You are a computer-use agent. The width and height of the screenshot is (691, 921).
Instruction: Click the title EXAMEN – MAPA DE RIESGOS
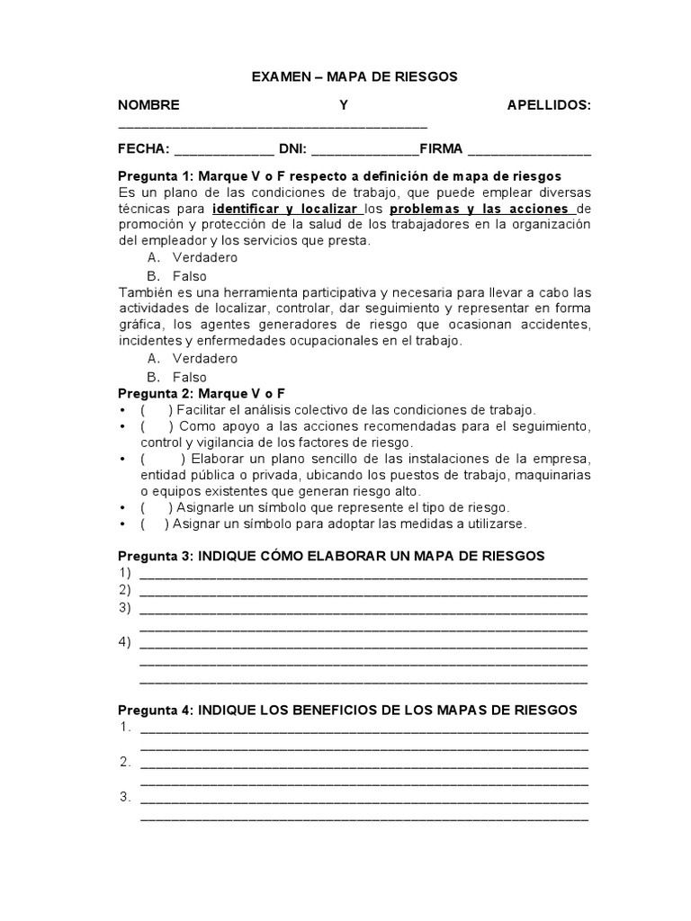pyautogui.click(x=354, y=77)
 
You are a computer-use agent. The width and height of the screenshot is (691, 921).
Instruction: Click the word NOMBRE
pyautogui.click(x=148, y=105)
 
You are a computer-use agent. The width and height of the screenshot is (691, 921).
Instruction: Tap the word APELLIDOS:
pyautogui.click(x=549, y=105)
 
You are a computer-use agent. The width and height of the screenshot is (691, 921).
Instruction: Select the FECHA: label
pyautogui.click(x=144, y=148)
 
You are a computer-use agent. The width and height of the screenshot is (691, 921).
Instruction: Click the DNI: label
pyautogui.click(x=293, y=148)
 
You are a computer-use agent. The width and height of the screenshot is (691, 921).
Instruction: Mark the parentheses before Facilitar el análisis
pyautogui.click(x=157, y=410)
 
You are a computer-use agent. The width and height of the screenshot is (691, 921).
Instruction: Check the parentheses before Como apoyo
pyautogui.click(x=157, y=426)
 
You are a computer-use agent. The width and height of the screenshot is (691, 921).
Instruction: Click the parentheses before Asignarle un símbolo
pyautogui.click(x=157, y=507)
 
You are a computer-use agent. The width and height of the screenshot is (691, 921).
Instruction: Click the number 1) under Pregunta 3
pyautogui.click(x=124, y=573)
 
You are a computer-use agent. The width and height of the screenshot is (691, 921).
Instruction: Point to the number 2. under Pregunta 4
pyautogui.click(x=125, y=762)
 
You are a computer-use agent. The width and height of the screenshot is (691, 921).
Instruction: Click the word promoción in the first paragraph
pyautogui.click(x=151, y=224)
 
